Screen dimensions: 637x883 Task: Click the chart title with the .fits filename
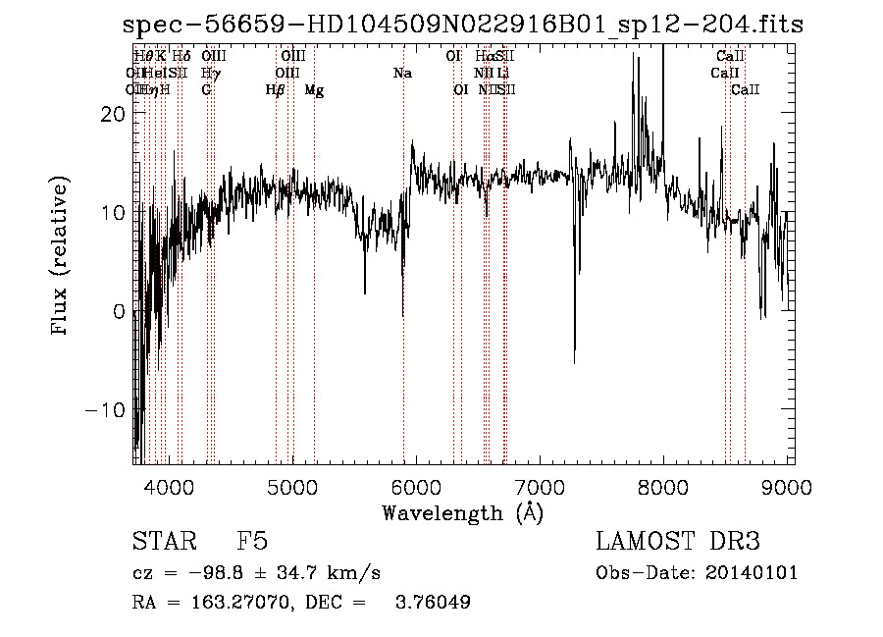[468, 25]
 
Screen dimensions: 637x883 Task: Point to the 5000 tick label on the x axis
[292, 485]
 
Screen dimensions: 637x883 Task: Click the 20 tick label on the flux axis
[113, 114]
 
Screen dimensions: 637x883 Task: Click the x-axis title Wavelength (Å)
[462, 512]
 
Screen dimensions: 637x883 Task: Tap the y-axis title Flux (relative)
[62, 257]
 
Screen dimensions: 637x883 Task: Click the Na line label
[402, 73]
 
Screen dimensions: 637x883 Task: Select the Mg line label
[314, 90]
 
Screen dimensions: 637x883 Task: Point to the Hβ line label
[275, 90]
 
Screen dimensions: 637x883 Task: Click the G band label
[206, 90]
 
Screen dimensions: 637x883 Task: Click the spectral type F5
[252, 542]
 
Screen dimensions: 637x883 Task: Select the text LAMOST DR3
[678, 542]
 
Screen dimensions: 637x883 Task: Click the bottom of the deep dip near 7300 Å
[574, 363]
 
